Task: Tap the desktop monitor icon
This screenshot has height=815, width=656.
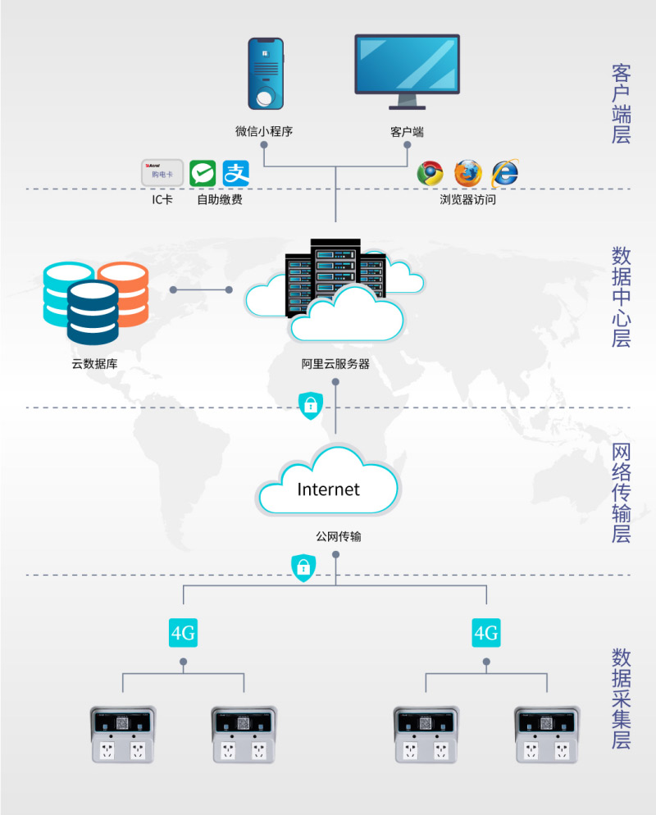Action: pos(407,70)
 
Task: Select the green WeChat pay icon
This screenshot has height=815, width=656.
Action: pos(203,173)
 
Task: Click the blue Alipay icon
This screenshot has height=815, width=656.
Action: pos(235,173)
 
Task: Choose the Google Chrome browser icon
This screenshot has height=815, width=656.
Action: pos(430,173)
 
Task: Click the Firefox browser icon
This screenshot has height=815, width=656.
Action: pos(467,173)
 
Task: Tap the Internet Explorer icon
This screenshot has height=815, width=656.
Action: pos(505,173)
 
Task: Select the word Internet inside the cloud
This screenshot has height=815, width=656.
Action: pos(328,489)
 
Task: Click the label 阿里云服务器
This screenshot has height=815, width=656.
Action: pos(335,363)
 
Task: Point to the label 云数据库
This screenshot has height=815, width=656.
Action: pos(94,363)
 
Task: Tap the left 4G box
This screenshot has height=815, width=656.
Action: pos(183,633)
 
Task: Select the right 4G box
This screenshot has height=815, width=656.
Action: pos(486,633)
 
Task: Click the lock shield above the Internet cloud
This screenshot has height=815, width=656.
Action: pos(311,405)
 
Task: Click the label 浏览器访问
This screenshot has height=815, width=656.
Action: pos(467,199)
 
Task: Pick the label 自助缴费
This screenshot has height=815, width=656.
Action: pos(219,199)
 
